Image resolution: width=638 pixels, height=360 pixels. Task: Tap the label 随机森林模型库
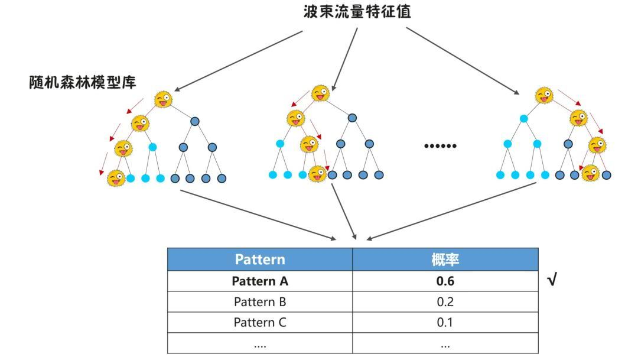point(82,82)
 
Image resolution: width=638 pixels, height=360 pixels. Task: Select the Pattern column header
point(260,260)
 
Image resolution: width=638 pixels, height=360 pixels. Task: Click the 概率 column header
point(445,260)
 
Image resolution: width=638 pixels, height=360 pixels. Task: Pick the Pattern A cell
point(260,281)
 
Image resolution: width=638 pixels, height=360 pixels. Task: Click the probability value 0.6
point(445,281)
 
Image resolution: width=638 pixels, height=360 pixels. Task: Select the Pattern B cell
point(260,302)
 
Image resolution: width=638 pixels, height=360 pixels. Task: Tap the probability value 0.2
point(445,302)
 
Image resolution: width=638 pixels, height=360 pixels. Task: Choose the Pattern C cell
point(260,323)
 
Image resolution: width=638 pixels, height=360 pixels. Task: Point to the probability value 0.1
point(445,323)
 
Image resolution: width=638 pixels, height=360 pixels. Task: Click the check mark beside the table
point(552,281)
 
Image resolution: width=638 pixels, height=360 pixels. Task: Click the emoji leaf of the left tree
point(116,177)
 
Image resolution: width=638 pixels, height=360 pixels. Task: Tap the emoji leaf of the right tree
point(590,173)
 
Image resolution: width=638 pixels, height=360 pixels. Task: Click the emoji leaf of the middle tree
point(317,174)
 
